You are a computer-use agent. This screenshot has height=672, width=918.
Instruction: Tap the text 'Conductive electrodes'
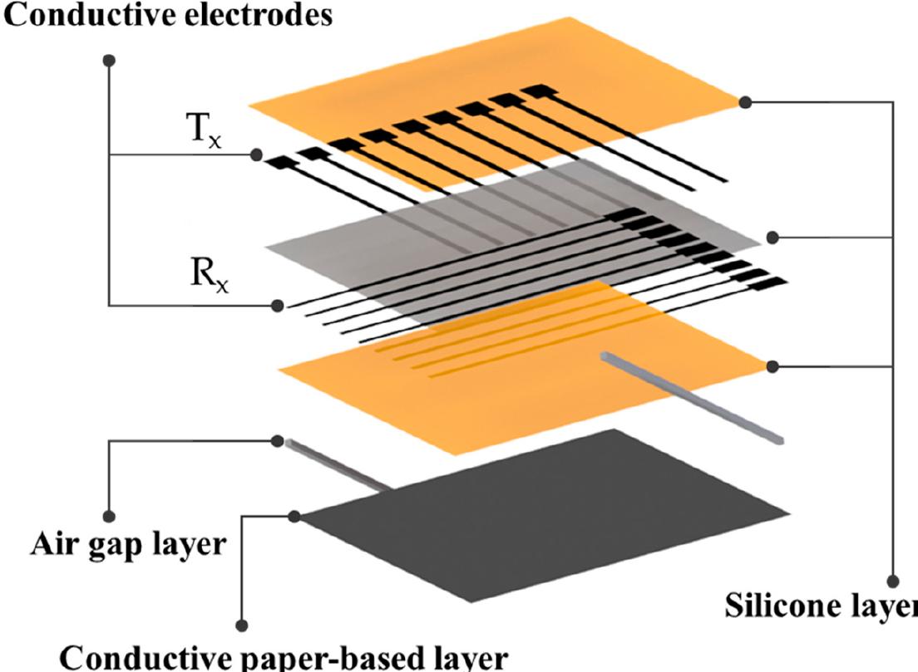click(x=166, y=14)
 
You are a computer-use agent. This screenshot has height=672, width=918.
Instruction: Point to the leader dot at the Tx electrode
click(x=256, y=155)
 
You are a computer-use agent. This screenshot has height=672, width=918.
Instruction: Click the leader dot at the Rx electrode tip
click(x=278, y=306)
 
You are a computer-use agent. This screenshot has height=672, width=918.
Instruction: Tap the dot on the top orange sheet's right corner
click(x=745, y=102)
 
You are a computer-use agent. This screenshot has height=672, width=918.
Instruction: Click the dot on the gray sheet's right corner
click(x=772, y=238)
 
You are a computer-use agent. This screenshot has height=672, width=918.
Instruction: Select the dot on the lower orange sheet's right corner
click(x=772, y=365)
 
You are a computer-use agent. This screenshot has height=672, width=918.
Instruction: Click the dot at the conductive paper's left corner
click(x=294, y=516)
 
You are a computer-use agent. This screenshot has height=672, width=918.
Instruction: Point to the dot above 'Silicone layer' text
click(x=893, y=581)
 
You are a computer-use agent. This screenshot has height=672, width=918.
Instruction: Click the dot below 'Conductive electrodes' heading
click(x=109, y=60)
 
